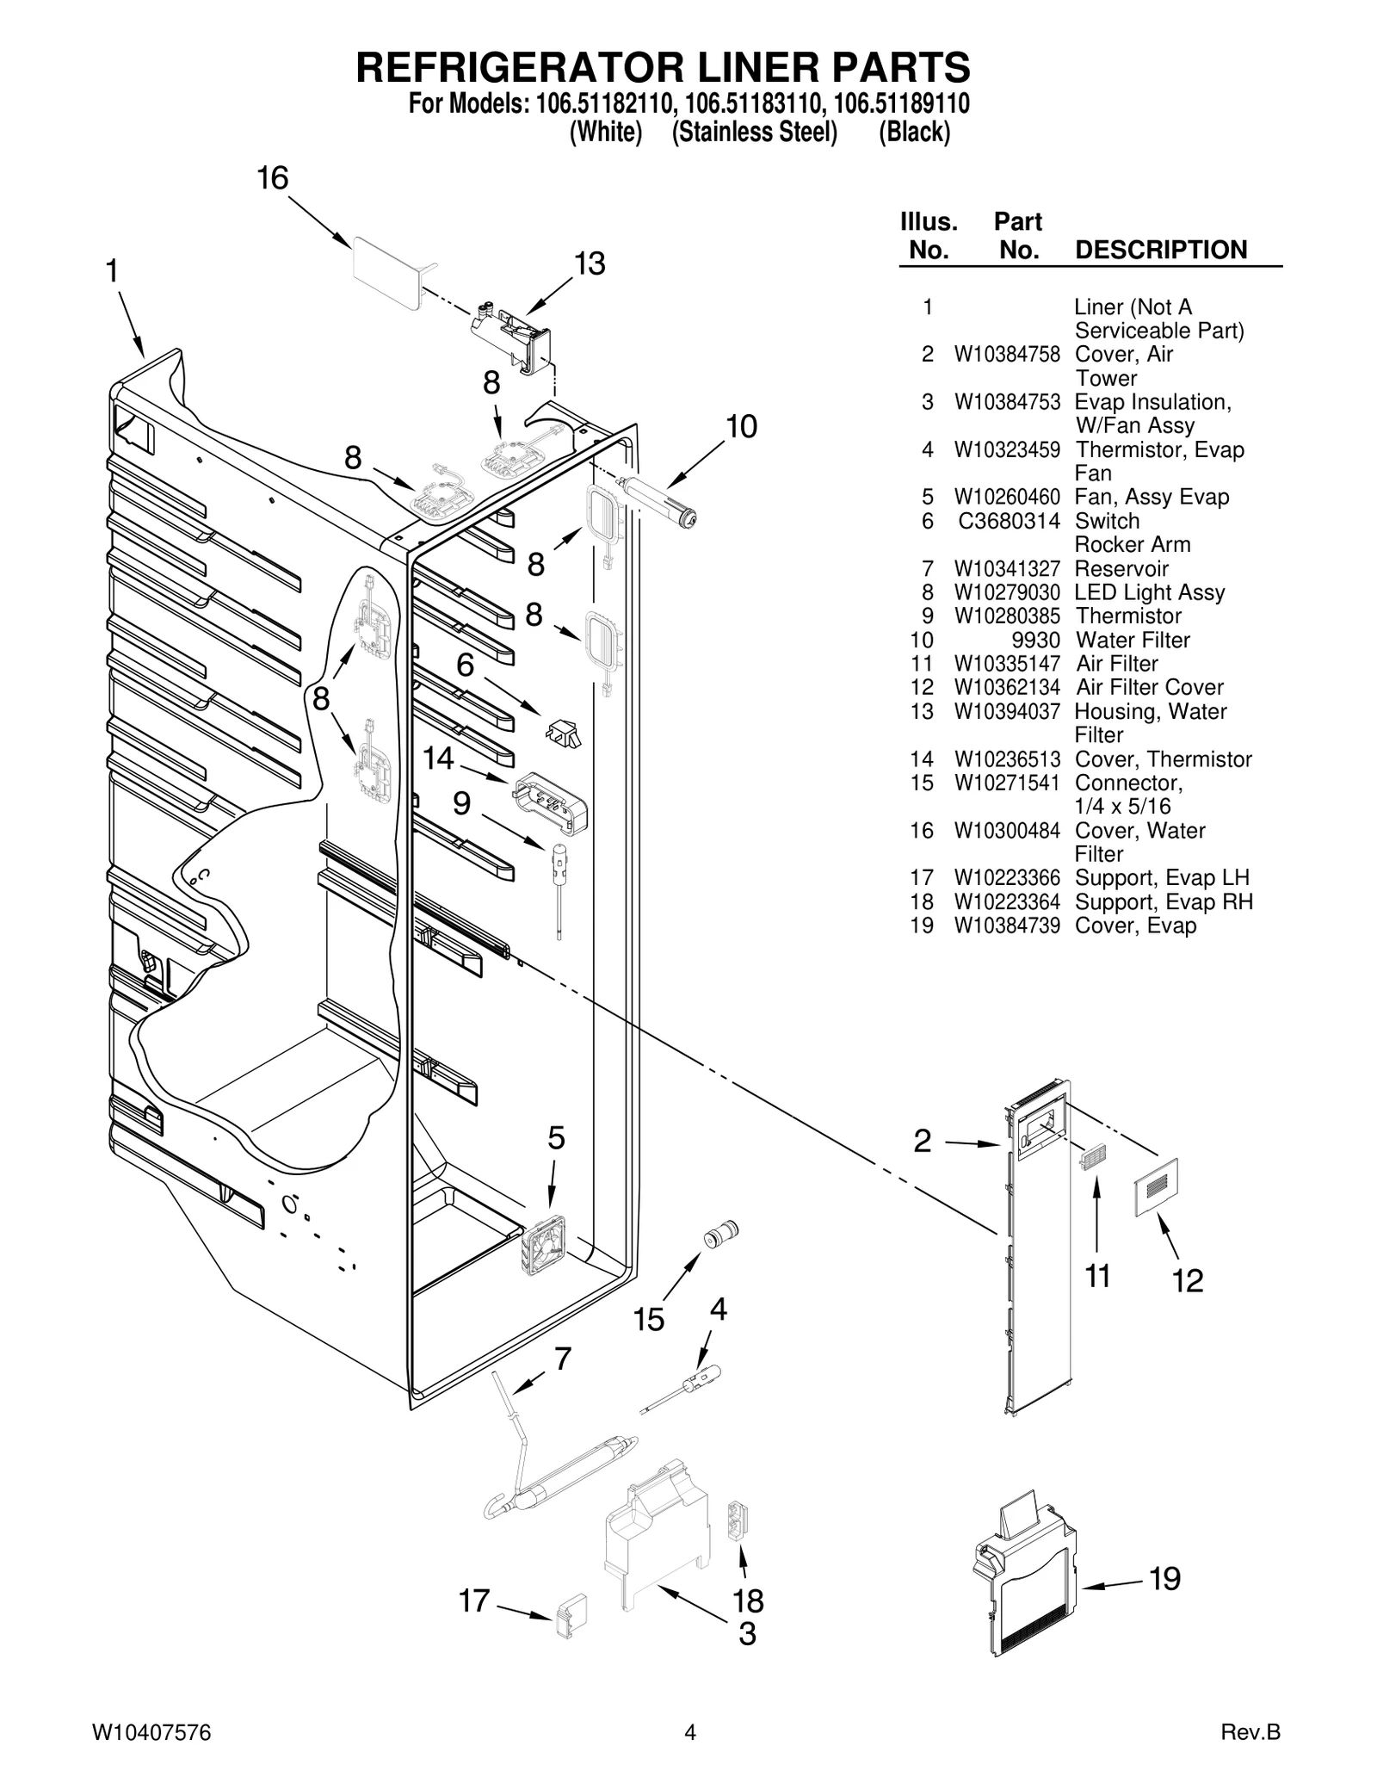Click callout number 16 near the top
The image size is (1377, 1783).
tap(273, 178)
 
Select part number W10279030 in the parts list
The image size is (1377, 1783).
tap(1007, 592)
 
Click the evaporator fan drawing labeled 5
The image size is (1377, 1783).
tap(543, 1245)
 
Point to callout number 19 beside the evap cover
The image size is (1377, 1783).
tap(1164, 1578)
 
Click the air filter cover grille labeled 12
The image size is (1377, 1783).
tap(1157, 1187)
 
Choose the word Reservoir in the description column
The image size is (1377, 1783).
tap(1121, 568)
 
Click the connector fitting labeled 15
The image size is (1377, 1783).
tap(721, 1234)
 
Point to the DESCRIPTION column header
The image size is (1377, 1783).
tap(1161, 250)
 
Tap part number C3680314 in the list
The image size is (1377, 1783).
tap(1009, 521)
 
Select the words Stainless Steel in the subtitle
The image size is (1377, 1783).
tap(754, 132)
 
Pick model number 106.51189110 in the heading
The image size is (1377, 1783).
tap(902, 103)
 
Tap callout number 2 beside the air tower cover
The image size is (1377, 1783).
tap(922, 1142)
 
